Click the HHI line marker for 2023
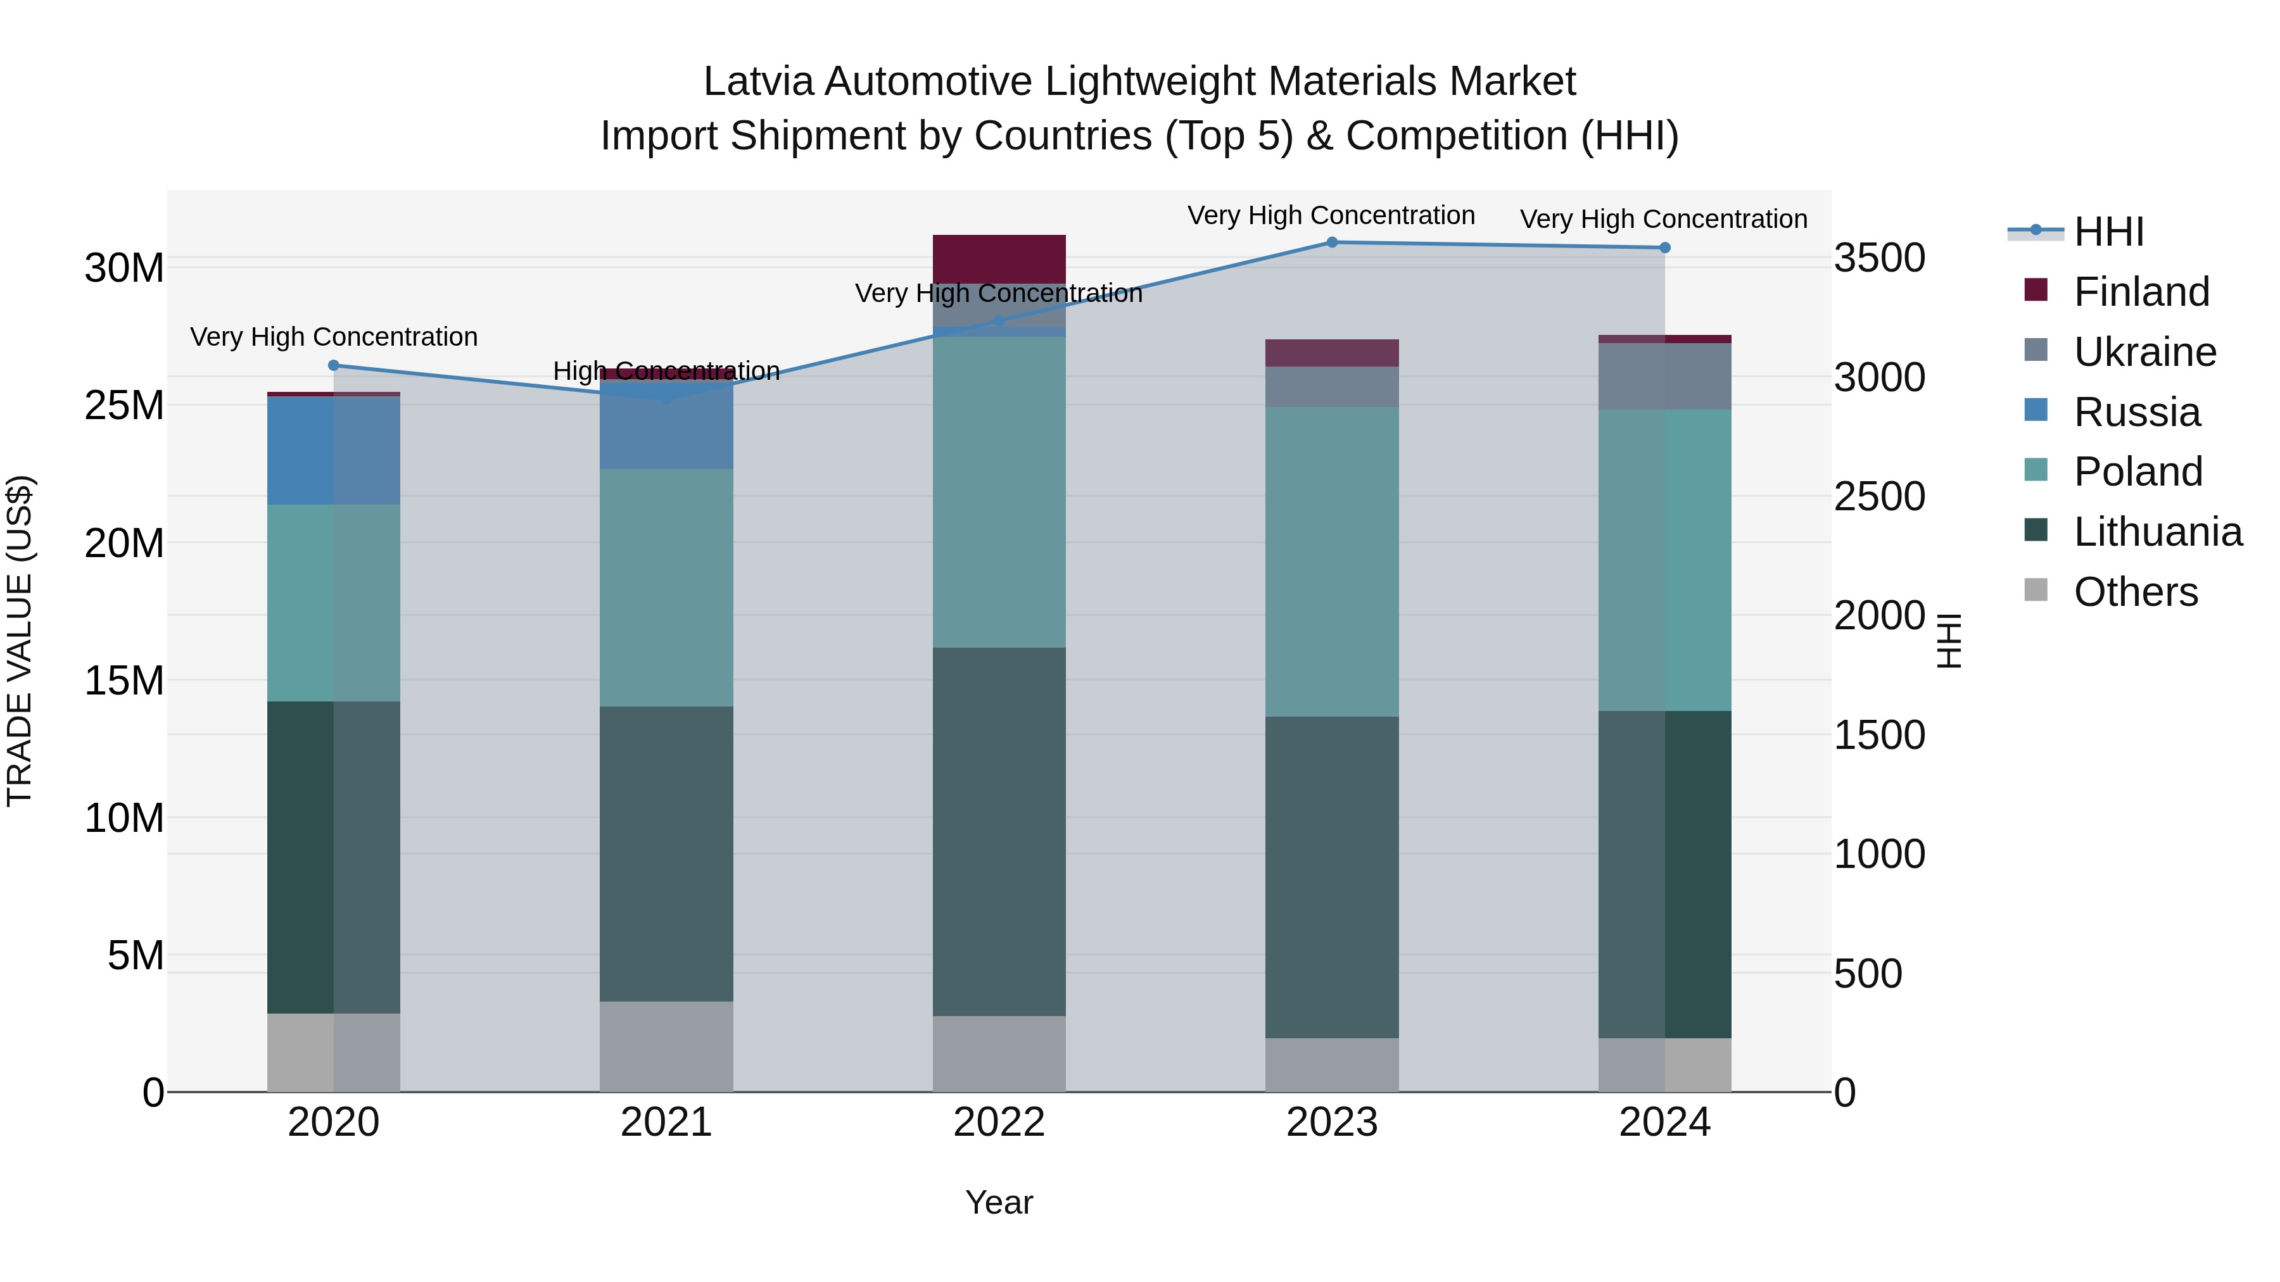click(x=1331, y=242)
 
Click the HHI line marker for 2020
click(x=334, y=365)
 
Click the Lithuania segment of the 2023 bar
click(x=1331, y=876)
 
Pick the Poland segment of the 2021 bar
click(x=666, y=588)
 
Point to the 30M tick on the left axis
click(x=124, y=268)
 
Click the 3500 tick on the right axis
click(x=1878, y=258)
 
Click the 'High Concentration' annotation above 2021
click(x=666, y=371)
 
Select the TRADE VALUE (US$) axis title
click(x=20, y=641)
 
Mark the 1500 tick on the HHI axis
click(x=1878, y=735)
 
